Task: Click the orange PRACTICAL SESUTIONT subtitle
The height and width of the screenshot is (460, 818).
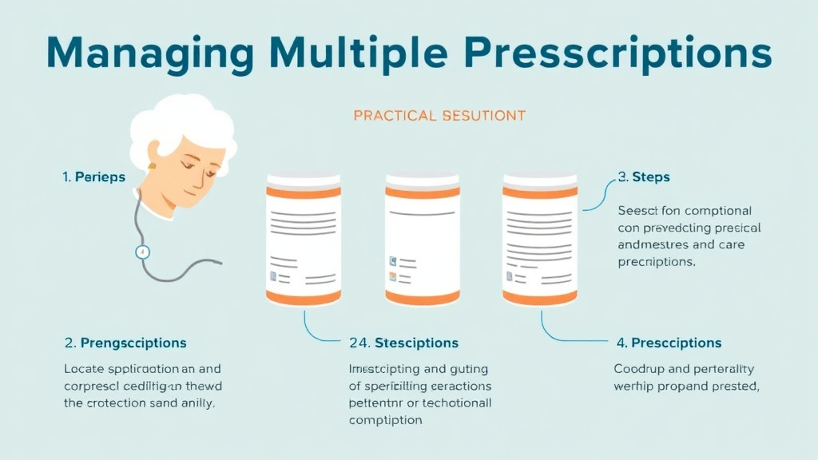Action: click(x=439, y=116)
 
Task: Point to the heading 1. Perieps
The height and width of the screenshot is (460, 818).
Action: click(x=93, y=177)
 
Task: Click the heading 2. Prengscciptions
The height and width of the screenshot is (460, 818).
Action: click(x=125, y=343)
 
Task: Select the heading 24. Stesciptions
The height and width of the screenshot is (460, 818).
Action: click(x=404, y=343)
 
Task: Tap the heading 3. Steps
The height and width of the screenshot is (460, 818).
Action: click(x=644, y=176)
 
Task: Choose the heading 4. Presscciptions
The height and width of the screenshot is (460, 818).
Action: click(x=669, y=343)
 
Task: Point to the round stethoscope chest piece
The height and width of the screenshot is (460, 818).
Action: click(x=142, y=251)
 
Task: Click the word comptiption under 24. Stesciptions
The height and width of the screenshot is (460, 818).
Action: click(x=386, y=420)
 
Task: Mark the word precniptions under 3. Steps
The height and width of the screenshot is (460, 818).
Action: click(x=656, y=262)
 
